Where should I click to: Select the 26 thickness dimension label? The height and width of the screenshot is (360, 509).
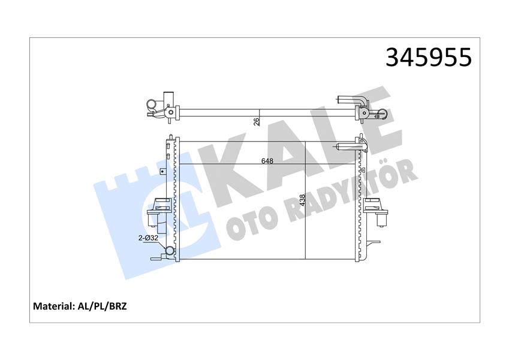coord(256,121)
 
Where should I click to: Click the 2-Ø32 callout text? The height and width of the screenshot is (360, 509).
coord(147,238)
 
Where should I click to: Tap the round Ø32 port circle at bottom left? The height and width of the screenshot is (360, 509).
coord(169,252)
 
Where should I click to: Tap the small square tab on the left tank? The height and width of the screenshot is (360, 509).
coord(162,171)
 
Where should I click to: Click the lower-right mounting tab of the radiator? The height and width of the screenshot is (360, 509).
coord(374,243)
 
